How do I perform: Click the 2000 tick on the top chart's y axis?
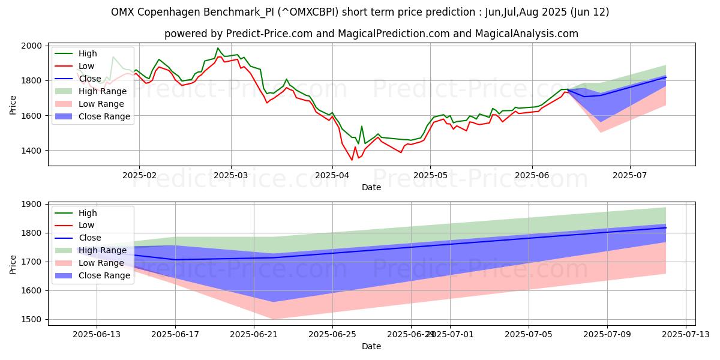(31, 46)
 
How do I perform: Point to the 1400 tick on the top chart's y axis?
(31, 151)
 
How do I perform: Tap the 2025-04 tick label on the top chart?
(332, 175)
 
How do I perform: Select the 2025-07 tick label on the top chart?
(630, 175)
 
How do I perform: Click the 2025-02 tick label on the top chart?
(139, 175)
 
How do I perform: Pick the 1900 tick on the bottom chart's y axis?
(31, 205)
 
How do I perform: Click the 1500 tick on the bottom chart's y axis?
(31, 319)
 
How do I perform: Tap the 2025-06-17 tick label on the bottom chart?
(175, 334)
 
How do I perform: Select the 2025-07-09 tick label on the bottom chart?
(607, 334)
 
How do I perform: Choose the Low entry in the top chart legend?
(88, 66)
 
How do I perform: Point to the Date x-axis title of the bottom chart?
(371, 346)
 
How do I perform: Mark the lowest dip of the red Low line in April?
(352, 160)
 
